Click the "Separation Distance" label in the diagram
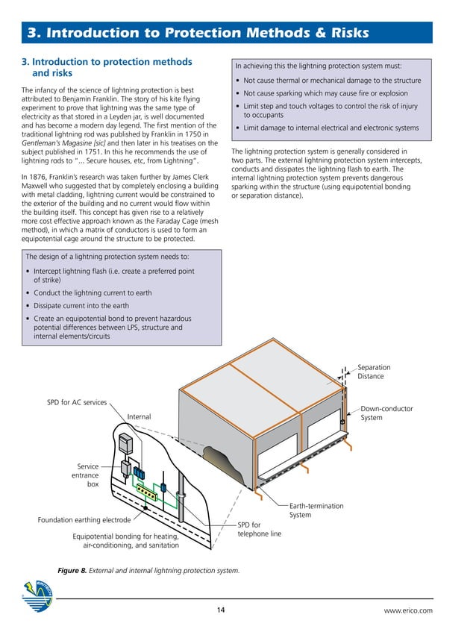point(374,372)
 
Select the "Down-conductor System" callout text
point(386,413)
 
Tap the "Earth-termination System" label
point(316,510)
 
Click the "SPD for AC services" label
point(77,403)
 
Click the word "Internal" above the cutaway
point(139,416)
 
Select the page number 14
point(221,610)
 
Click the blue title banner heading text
point(198,33)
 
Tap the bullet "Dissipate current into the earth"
point(81,306)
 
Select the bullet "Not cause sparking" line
point(325,93)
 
